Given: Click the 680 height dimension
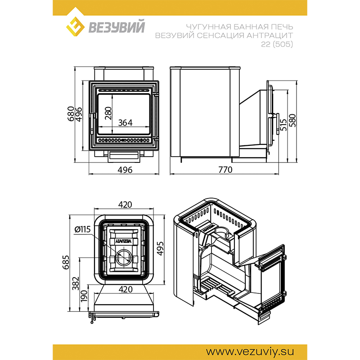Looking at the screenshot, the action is [71, 114].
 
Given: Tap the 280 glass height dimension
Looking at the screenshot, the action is [108, 113].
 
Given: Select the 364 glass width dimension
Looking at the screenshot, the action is [125, 123].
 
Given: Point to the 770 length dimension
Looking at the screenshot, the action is [225, 170].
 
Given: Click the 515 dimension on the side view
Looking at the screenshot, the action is [284, 125].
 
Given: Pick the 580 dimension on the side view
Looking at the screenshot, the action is [292, 120].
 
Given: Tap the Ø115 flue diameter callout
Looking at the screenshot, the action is [83, 229].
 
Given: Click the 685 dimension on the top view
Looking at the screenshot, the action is [66, 262].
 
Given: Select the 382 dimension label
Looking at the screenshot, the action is [76, 283].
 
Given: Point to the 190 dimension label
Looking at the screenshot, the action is [84, 296].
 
